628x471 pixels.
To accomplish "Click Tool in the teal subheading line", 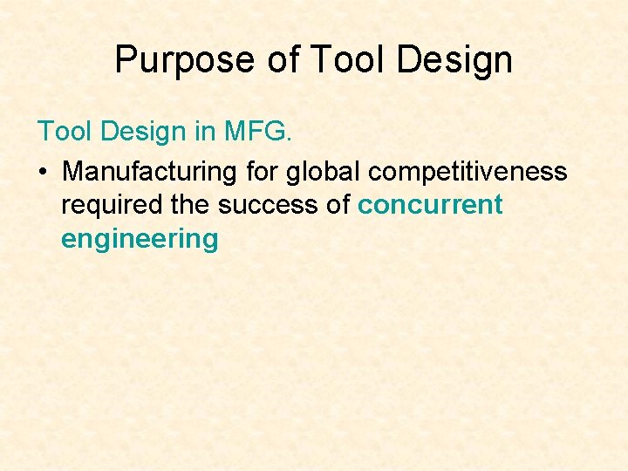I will pyautogui.click(x=63, y=132).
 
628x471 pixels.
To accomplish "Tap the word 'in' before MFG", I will pyautogui.click(x=205, y=132).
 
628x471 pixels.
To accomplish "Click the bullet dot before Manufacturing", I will pyautogui.click(x=42, y=172).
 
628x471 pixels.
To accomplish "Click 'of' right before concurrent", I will pyautogui.click(x=338, y=205).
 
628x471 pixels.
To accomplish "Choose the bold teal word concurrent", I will pyautogui.click(x=430, y=205).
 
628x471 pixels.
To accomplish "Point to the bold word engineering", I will pyautogui.click(x=140, y=239).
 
